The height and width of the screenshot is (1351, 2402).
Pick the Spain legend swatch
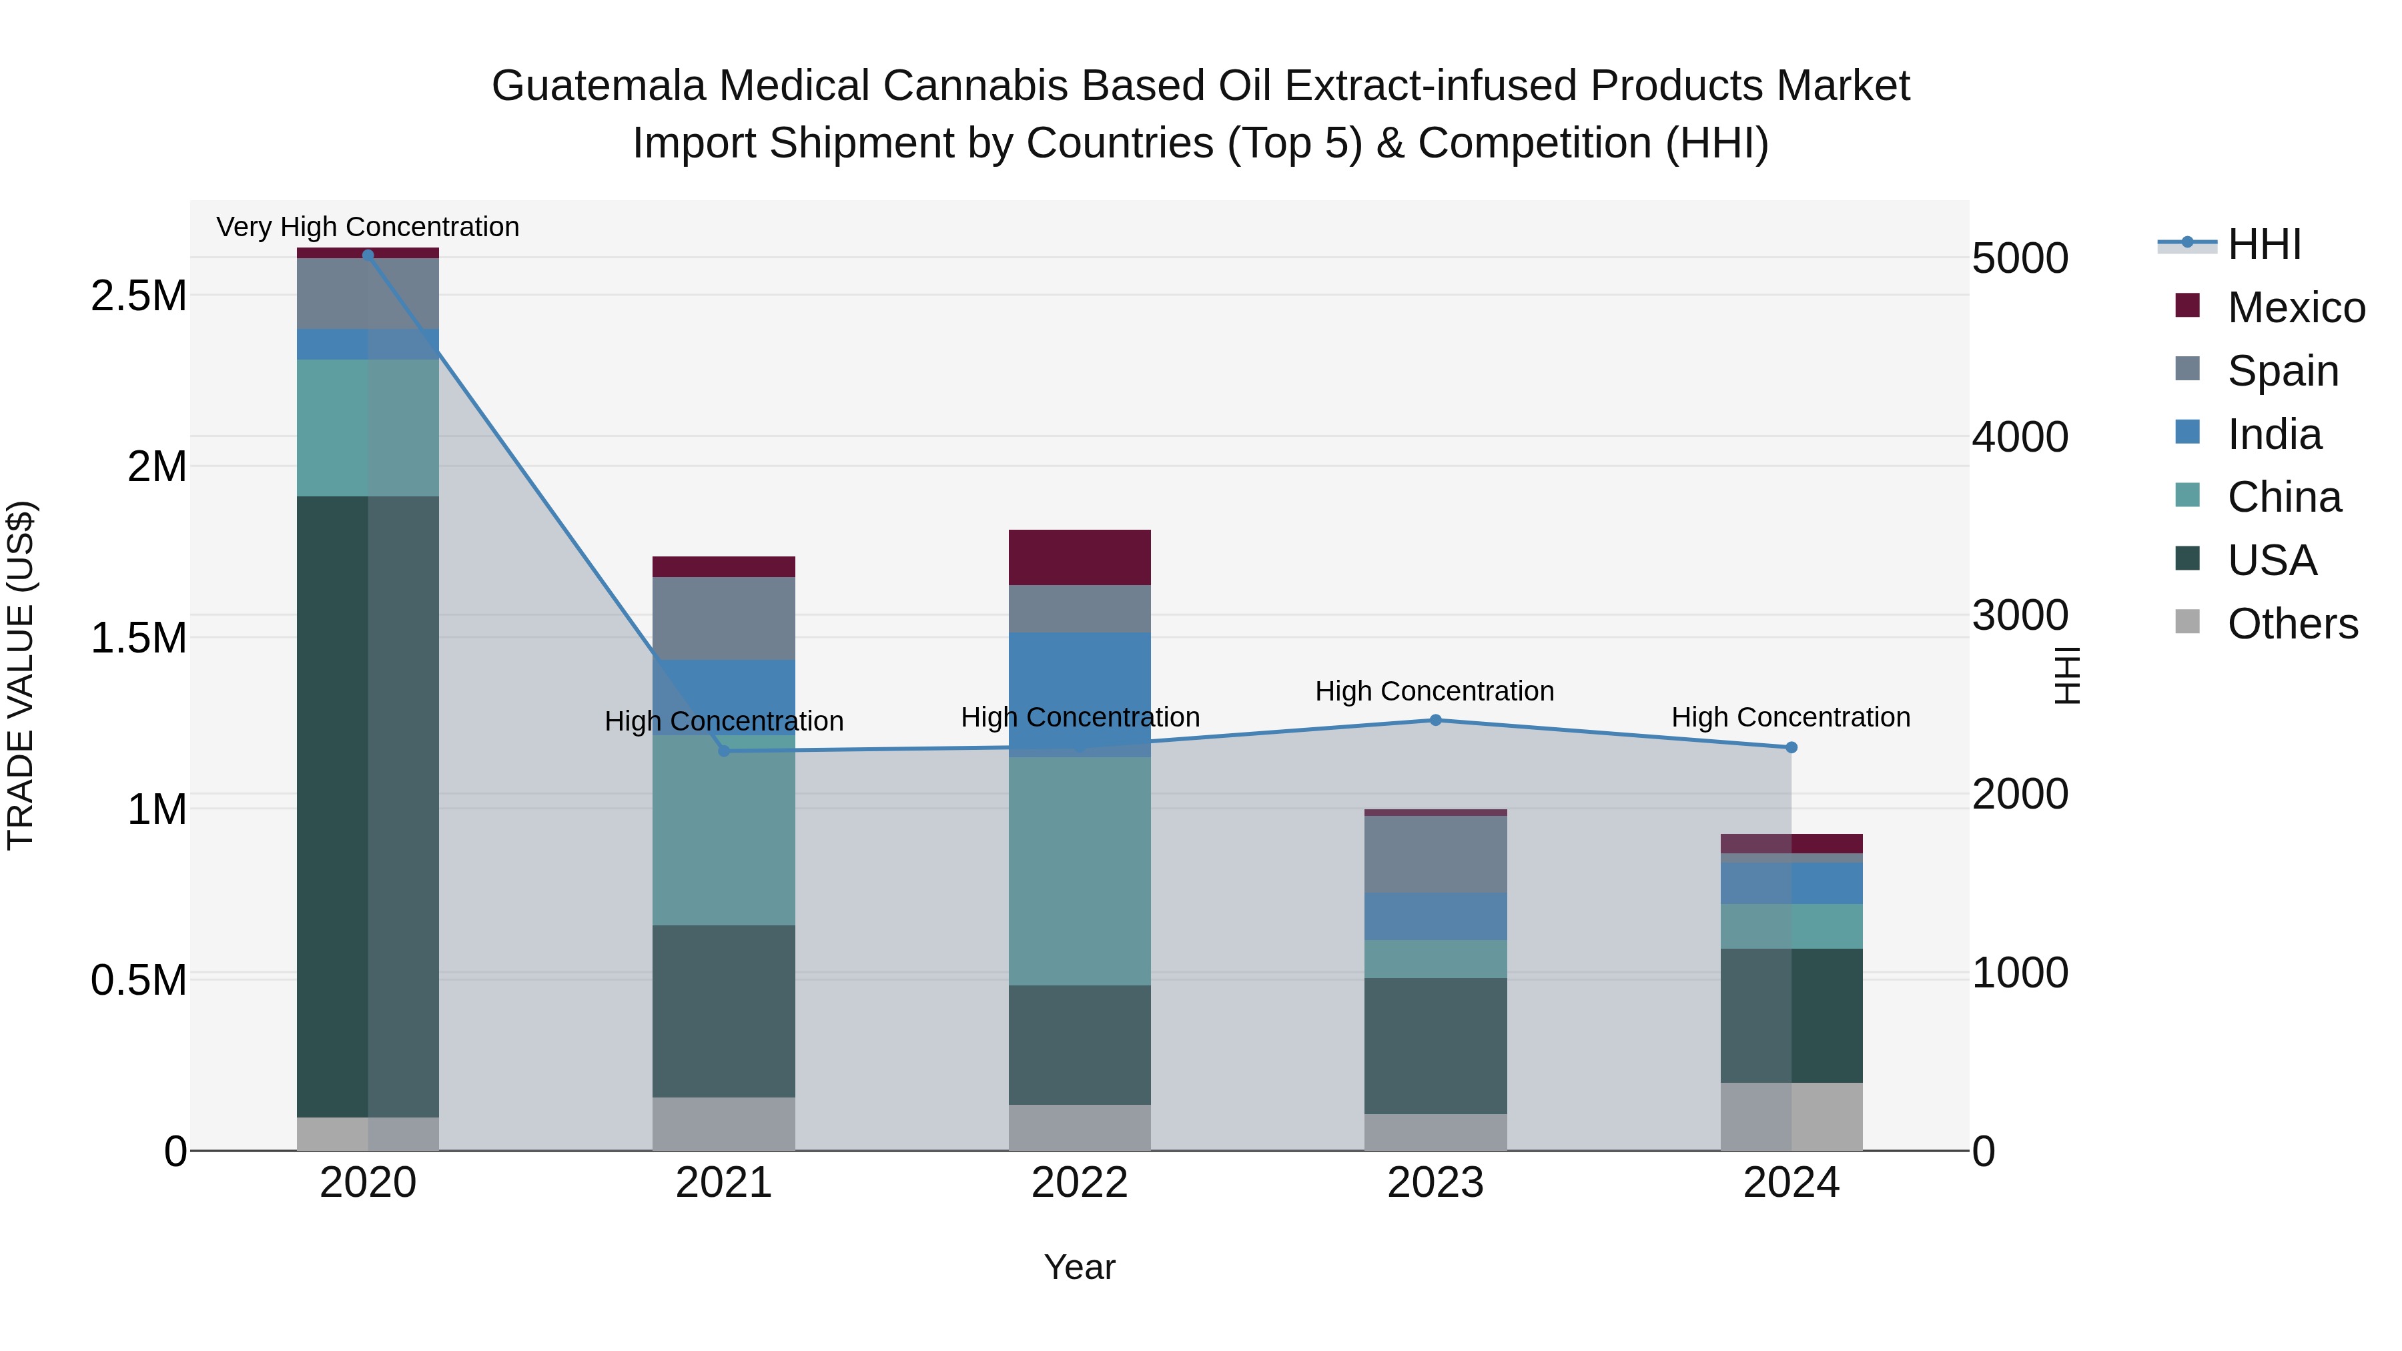click(2186, 369)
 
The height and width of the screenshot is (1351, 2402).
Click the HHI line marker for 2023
click(1435, 720)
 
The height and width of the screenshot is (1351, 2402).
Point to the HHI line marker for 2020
click(368, 255)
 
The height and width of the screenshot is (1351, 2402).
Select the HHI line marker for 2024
click(1790, 747)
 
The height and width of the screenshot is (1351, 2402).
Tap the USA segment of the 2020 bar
click(368, 807)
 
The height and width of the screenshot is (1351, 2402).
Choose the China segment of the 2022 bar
click(1080, 870)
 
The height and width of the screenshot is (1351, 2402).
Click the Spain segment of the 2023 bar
click(1435, 853)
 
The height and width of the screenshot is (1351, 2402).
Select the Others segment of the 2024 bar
click(1790, 1116)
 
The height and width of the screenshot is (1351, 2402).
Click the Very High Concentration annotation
click(368, 227)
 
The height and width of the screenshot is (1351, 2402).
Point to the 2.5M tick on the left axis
click(138, 296)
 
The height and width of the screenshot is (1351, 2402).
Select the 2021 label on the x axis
click(723, 1183)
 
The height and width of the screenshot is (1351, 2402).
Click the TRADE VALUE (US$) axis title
click(21, 675)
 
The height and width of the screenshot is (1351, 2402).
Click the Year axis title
click(1079, 1267)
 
